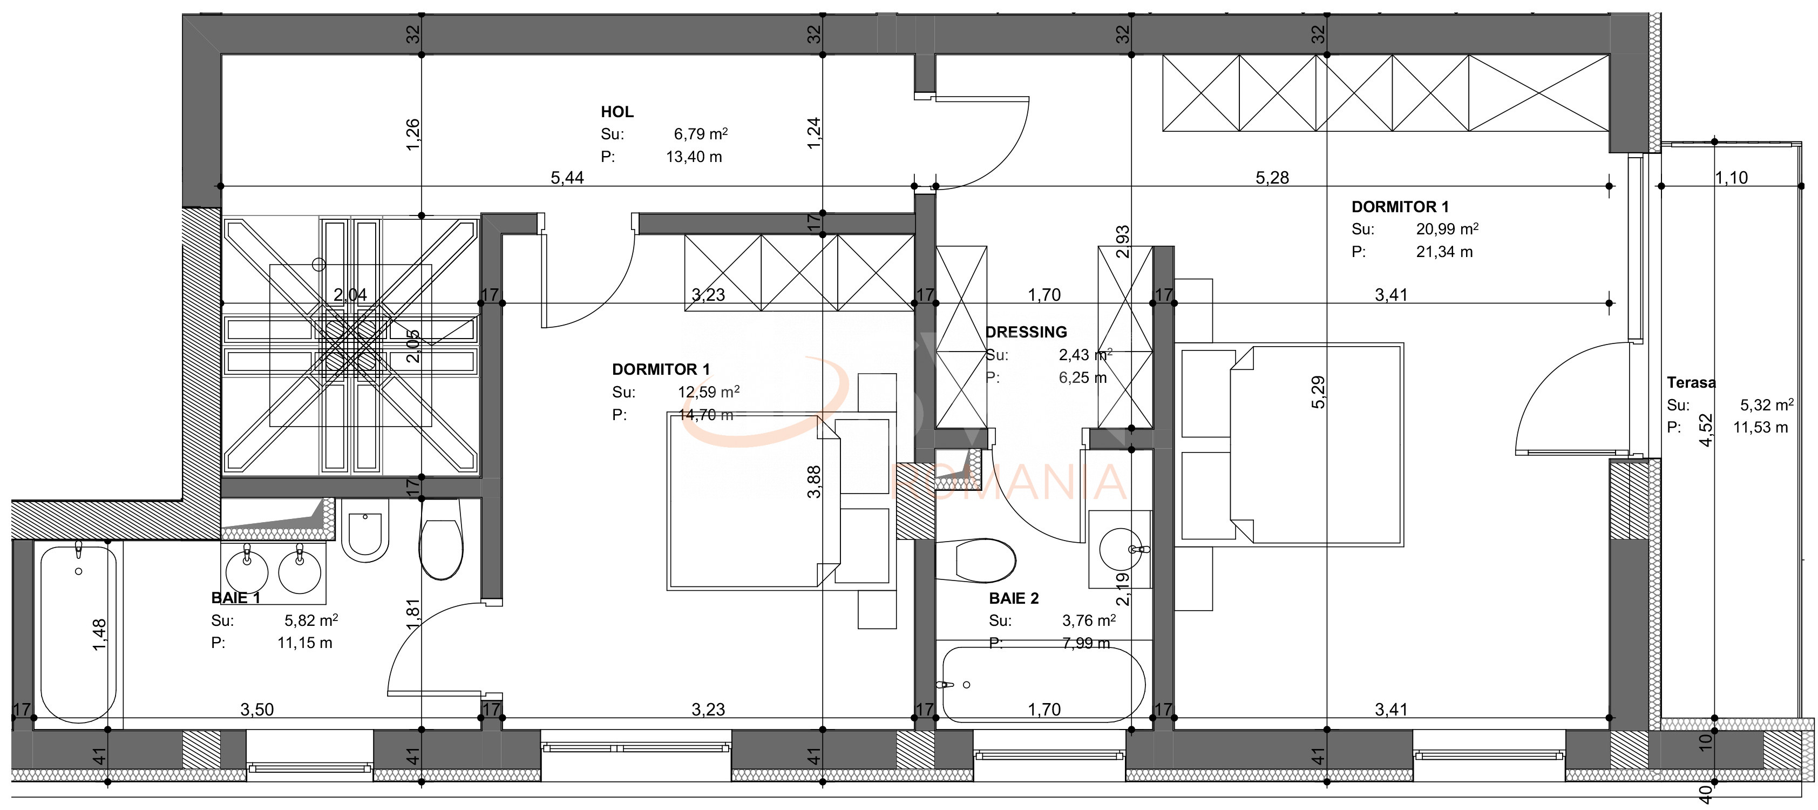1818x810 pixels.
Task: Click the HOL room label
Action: point(617,112)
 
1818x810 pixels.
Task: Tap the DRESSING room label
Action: point(1026,332)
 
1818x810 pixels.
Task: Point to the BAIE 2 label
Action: point(1014,599)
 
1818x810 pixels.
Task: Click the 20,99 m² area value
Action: point(1447,229)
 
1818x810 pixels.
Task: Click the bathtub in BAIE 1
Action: point(78,632)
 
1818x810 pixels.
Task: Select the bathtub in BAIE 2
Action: point(1043,684)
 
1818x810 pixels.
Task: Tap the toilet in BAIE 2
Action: point(978,561)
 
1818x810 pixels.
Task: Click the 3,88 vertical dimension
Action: point(813,482)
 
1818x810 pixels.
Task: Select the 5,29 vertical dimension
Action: point(1318,392)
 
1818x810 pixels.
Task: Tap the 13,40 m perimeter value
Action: point(694,157)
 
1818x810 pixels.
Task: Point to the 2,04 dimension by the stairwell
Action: point(350,294)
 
